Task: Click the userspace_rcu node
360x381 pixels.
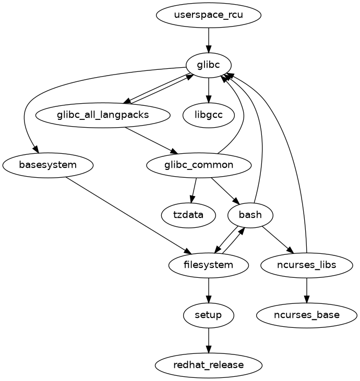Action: click(209, 15)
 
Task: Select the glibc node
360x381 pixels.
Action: click(209, 65)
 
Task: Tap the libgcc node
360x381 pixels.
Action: click(209, 115)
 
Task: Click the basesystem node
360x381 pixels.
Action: click(48, 165)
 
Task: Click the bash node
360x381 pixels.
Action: click(250, 215)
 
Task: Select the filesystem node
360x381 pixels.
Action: click(209, 265)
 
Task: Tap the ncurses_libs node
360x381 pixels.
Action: click(306, 265)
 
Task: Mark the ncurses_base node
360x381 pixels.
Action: click(306, 315)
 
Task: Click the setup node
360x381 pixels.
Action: click(209, 315)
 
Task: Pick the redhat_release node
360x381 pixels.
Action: click(209, 365)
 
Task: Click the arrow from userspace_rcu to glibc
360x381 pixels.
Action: click(209, 40)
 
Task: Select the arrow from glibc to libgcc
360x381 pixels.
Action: click(209, 90)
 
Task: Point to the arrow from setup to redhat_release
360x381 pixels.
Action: click(209, 340)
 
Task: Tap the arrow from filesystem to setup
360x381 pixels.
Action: click(209, 290)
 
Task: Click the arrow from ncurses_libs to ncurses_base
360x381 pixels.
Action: click(306, 290)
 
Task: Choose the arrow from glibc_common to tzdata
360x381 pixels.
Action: click(194, 190)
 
